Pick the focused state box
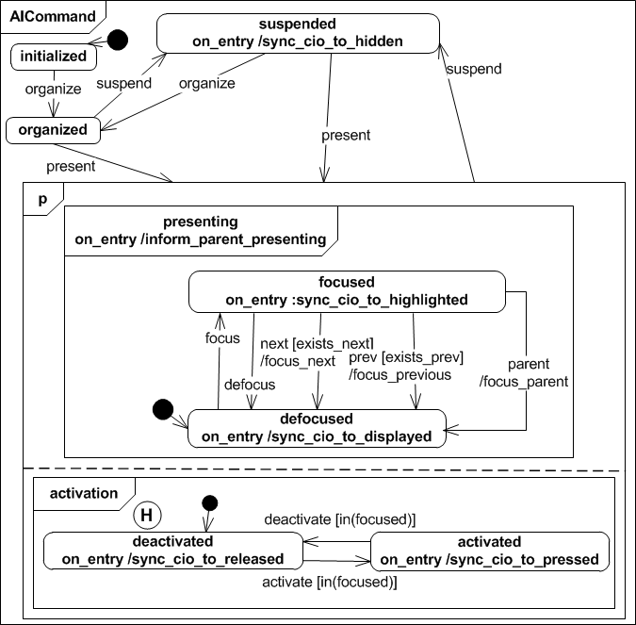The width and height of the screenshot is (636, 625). click(346, 291)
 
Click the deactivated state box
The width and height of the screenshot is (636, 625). click(172, 551)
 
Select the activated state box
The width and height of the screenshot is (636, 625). click(490, 551)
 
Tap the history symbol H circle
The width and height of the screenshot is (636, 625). click(146, 514)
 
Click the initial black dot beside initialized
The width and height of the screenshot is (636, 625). click(118, 41)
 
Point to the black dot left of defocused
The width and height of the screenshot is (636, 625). click(163, 411)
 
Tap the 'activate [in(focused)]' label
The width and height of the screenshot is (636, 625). click(328, 583)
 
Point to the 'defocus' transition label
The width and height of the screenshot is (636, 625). click(250, 384)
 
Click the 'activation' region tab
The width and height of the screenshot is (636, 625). click(84, 492)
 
